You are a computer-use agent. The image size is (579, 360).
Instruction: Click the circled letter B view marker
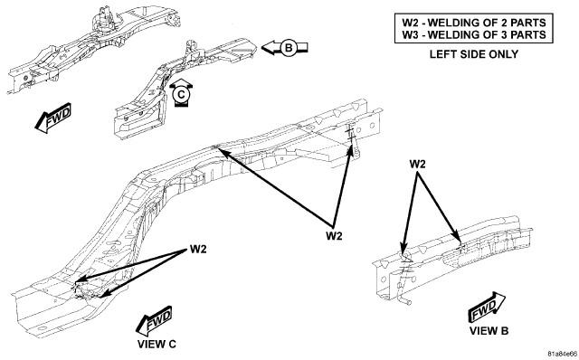289,48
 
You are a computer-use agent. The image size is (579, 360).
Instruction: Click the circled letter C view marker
181,95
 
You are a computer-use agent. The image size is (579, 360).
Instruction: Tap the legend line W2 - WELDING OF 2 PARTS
474,23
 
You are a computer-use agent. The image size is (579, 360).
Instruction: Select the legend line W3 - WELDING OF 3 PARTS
474,34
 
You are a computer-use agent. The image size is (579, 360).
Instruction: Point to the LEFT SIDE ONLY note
474,54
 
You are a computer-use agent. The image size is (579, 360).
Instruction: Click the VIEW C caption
157,344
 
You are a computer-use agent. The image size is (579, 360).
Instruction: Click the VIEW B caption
489,330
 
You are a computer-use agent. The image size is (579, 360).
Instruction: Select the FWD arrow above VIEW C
154,320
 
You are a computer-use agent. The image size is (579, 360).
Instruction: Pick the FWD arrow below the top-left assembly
52,118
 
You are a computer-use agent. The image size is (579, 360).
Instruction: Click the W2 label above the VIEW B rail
417,164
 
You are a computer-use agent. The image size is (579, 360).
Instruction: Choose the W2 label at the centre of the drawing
334,235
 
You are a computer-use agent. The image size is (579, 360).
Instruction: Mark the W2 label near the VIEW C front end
198,250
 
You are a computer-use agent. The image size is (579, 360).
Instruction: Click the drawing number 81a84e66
562,354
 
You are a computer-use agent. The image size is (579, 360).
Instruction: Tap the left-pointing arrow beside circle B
284,48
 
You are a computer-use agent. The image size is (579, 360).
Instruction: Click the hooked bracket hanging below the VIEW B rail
403,291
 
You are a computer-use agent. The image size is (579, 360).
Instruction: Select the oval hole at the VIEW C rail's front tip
42,328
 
